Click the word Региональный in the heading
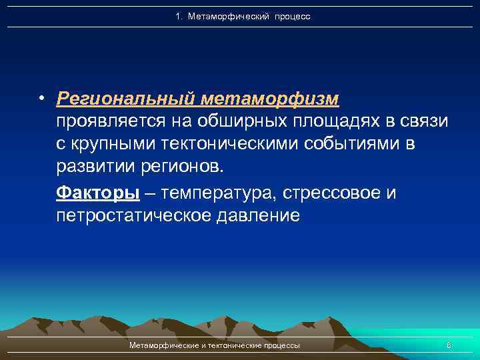point(125,99)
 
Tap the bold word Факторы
point(98,193)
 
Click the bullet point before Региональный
point(41,99)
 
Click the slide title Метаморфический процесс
point(249,16)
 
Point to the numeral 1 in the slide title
point(178,16)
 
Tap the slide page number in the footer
point(449,345)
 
